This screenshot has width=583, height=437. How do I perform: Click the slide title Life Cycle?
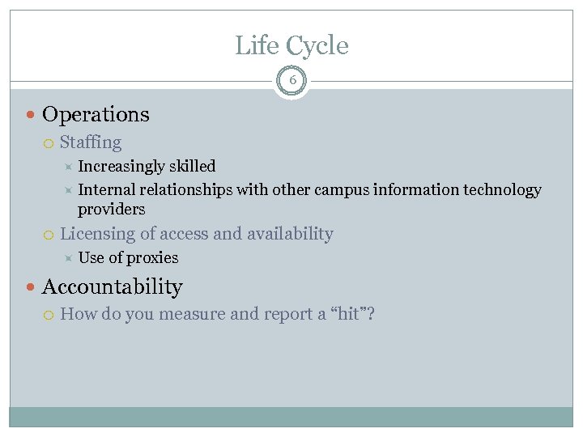(x=291, y=45)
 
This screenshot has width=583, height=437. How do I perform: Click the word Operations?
(x=96, y=115)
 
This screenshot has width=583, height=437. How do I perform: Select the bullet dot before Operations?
(x=31, y=115)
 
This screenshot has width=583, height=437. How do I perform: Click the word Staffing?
(x=91, y=143)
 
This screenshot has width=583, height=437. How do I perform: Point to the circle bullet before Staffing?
(x=49, y=143)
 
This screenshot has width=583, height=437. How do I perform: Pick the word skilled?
(x=192, y=167)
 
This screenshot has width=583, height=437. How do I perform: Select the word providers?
(x=111, y=210)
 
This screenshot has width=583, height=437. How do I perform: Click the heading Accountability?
(x=112, y=287)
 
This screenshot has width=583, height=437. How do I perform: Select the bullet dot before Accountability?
(x=31, y=287)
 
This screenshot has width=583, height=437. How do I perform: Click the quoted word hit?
(x=348, y=314)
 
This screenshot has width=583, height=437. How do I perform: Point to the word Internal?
(x=106, y=190)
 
